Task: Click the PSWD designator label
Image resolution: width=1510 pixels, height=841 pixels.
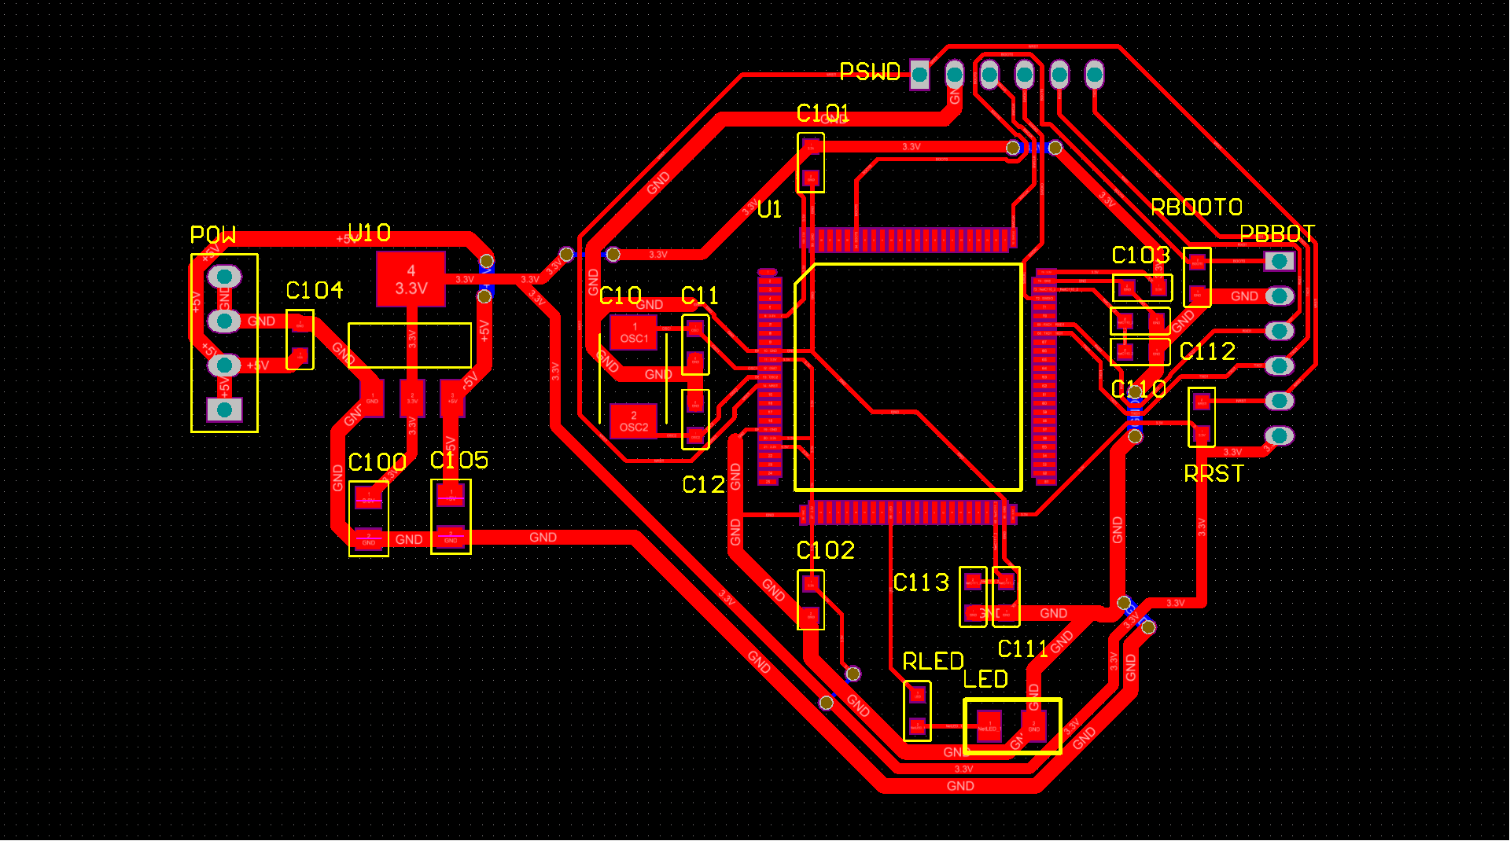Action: tap(869, 72)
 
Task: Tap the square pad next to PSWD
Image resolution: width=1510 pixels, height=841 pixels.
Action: tap(919, 75)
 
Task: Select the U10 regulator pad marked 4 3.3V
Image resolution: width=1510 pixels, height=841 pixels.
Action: tap(411, 279)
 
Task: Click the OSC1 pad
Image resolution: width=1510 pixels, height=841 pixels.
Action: tap(634, 332)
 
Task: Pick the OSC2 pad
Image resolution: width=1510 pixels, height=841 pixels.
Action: tap(634, 421)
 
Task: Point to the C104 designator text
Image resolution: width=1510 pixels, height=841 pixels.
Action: tap(314, 291)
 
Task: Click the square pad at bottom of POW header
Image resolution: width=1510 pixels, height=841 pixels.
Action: tap(224, 409)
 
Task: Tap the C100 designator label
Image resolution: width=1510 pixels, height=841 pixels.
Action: tap(377, 462)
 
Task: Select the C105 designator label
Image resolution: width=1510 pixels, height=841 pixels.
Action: tap(459, 460)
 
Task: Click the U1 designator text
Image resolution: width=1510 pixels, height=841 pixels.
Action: tap(769, 210)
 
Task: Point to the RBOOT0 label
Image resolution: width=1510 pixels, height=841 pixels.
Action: tap(1196, 207)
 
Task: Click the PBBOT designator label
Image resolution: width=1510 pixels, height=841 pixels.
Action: tap(1276, 234)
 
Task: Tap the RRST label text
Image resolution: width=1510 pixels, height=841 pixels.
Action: tap(1214, 474)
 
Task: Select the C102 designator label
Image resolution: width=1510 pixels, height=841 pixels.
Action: tap(825, 550)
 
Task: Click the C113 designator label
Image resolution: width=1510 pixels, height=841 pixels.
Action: tap(921, 582)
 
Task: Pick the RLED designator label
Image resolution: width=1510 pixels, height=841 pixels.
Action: tap(933, 662)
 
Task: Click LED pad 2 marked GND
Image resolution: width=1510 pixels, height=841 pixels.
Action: tap(1033, 724)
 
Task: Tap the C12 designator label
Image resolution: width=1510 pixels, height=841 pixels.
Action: tap(703, 485)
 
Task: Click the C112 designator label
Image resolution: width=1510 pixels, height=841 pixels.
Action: tap(1207, 351)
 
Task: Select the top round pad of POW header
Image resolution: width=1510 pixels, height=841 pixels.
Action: tap(224, 277)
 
